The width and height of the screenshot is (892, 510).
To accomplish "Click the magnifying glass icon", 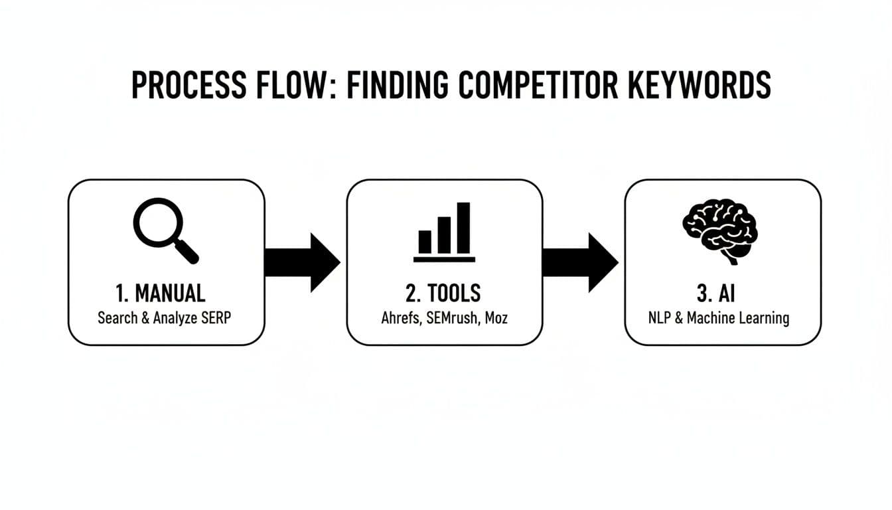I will coord(165,230).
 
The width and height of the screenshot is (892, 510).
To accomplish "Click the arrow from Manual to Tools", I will coord(302,262).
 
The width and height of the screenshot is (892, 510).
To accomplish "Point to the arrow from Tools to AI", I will coord(580,262).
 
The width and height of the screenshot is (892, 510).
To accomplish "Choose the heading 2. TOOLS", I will coord(444,293).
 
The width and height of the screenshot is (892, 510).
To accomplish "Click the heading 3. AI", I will coord(721,293).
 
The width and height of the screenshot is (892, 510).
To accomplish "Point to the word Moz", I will coord(496,318).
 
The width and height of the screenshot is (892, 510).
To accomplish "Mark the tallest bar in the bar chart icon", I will coord(463,228).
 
